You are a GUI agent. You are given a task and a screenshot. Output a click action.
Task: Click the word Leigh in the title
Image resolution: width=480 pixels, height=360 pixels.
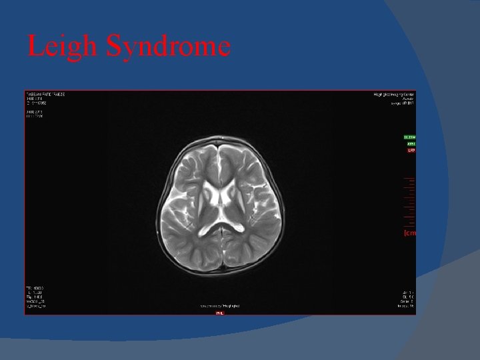[63, 47]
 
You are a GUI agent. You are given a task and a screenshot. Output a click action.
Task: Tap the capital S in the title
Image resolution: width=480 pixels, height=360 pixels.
[115, 47]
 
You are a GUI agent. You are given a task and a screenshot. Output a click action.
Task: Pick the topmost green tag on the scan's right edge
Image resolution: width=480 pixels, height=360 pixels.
[410, 137]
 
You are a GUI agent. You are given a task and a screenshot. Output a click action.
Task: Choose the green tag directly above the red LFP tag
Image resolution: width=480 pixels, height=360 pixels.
[411, 144]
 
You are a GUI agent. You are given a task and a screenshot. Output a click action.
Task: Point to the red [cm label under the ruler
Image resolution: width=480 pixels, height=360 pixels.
[410, 233]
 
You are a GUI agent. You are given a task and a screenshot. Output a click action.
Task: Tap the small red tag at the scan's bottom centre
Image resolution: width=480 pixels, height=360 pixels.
[219, 313]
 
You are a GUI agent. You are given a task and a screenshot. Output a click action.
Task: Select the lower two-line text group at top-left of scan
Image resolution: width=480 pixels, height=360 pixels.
[34, 114]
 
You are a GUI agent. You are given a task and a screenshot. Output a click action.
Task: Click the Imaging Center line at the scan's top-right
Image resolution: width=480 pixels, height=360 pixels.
[394, 95]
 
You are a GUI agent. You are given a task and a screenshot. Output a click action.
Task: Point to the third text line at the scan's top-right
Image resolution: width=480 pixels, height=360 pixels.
[403, 104]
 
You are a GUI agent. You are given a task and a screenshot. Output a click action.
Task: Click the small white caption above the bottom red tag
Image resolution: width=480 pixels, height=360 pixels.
[220, 306]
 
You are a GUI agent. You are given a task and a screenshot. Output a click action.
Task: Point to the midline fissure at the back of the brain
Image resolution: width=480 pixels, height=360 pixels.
[221, 257]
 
